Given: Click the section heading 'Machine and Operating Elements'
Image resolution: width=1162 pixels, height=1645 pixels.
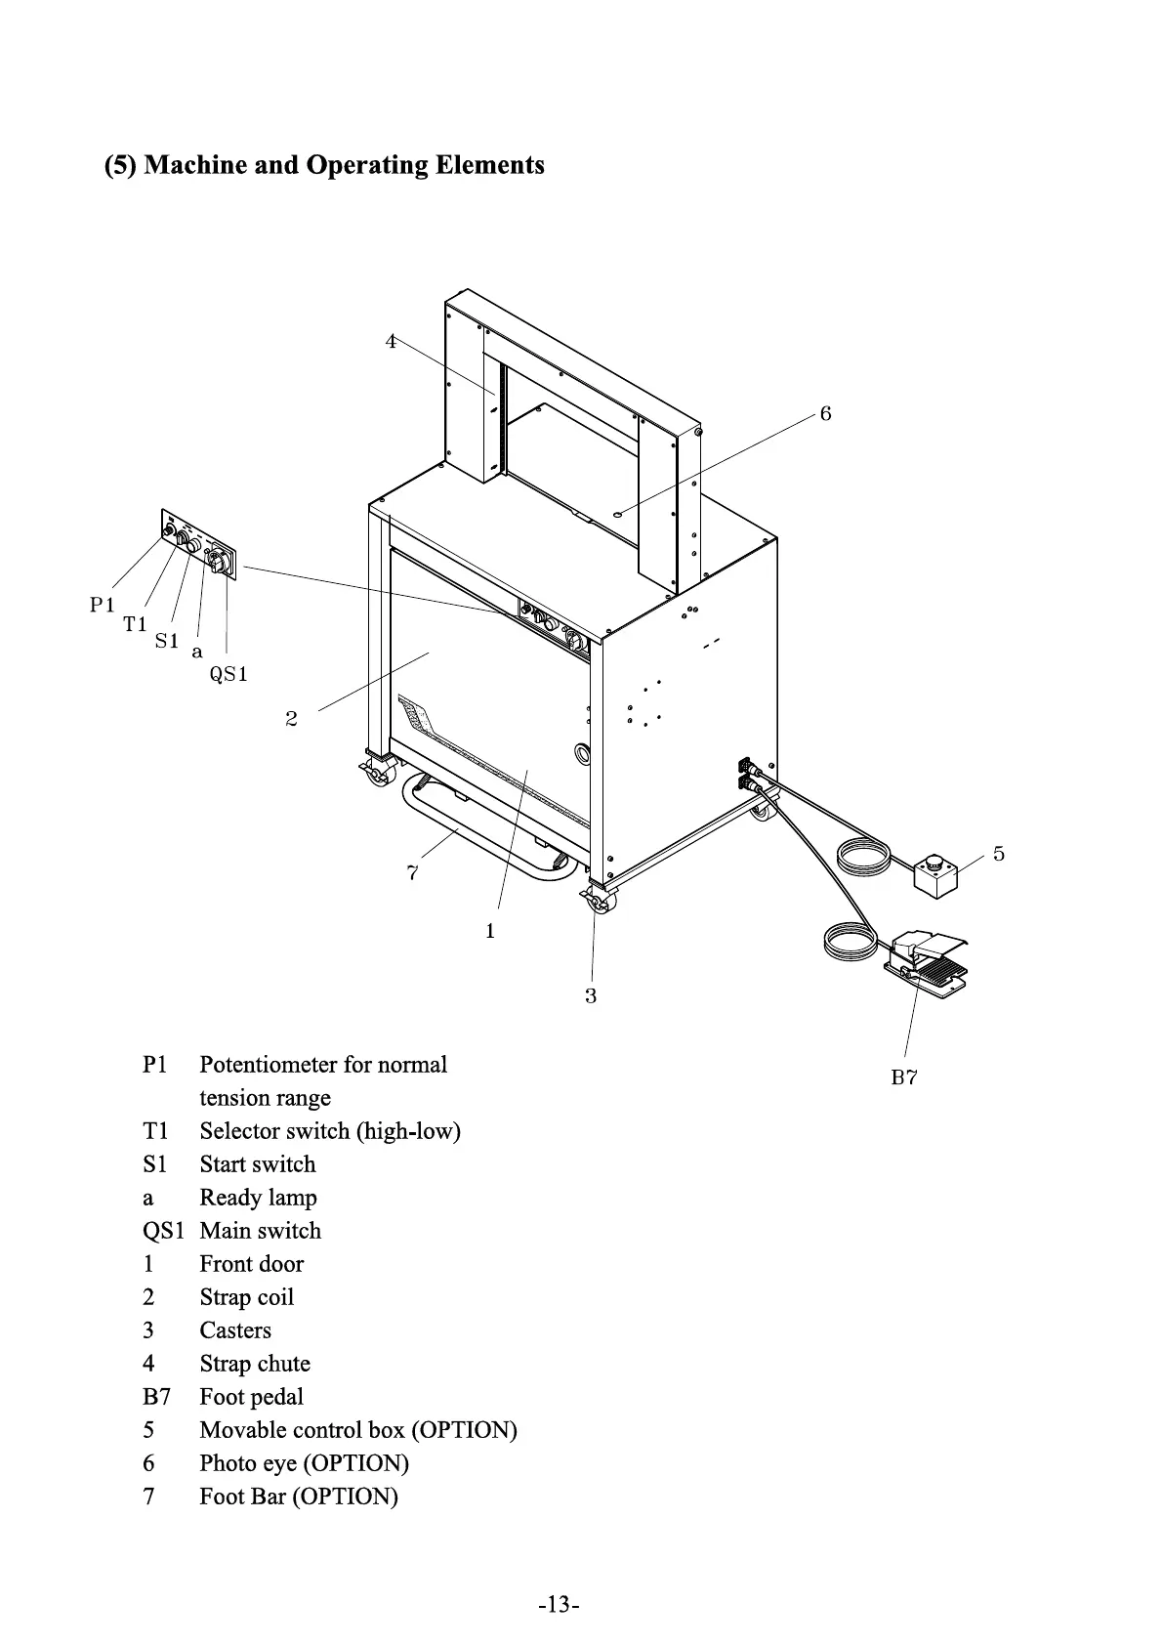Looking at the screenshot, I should pos(324,164).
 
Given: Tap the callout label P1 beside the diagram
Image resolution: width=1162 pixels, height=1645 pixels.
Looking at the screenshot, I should pos(103,605).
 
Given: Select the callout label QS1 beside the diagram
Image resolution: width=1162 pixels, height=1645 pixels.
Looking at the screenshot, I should pos(229,674).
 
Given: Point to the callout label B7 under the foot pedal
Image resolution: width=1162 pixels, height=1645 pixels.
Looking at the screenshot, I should pos(904,1077).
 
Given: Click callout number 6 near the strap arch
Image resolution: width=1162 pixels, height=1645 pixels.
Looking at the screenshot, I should pos(825,414).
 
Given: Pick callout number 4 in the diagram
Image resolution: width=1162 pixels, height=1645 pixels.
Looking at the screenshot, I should pos(391,342).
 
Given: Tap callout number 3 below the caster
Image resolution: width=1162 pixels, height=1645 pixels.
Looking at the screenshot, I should pos(591,996).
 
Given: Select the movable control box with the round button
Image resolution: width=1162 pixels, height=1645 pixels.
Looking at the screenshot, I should pos(935,872).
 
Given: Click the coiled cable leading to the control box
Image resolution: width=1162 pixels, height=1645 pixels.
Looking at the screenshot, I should pos(863,859).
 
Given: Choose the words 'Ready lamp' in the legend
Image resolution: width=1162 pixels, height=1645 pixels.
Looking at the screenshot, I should pos(258,1198).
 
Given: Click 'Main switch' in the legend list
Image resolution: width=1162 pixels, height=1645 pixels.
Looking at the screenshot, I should pos(260,1231).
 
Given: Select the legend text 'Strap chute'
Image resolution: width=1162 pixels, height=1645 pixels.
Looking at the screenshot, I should pos(255,1364).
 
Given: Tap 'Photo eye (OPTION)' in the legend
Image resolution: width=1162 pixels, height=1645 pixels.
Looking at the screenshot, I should pos(304,1463).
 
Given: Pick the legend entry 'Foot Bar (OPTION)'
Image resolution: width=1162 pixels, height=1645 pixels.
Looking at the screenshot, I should pos(299,1497).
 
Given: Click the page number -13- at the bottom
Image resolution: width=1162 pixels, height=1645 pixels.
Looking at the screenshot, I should pos(559,1605).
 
